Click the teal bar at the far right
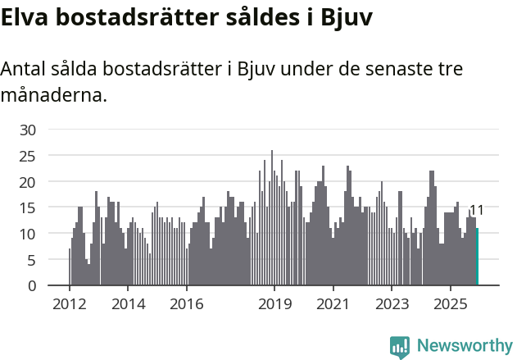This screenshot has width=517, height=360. (477, 257)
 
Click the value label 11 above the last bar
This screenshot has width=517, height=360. (476, 211)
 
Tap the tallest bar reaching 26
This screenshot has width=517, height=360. (272, 218)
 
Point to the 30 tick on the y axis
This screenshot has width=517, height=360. (28, 130)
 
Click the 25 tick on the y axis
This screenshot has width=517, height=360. (28, 156)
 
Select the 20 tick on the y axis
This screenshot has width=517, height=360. (28, 182)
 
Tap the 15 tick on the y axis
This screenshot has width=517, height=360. (28, 208)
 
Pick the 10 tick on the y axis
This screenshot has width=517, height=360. (28, 234)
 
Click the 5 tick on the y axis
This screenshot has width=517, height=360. (32, 260)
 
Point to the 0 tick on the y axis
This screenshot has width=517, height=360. (32, 286)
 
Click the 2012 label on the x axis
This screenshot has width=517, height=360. (70, 305)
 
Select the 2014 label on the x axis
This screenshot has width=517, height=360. (128, 305)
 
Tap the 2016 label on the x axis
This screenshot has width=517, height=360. (187, 305)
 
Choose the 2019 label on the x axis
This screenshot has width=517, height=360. (274, 305)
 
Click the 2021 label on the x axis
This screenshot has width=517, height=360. (333, 305)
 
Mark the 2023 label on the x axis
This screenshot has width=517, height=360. (392, 305)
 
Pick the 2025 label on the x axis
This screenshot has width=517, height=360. (450, 305)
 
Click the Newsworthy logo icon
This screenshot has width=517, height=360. (399, 346)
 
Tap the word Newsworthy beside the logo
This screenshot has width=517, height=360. (464, 346)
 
